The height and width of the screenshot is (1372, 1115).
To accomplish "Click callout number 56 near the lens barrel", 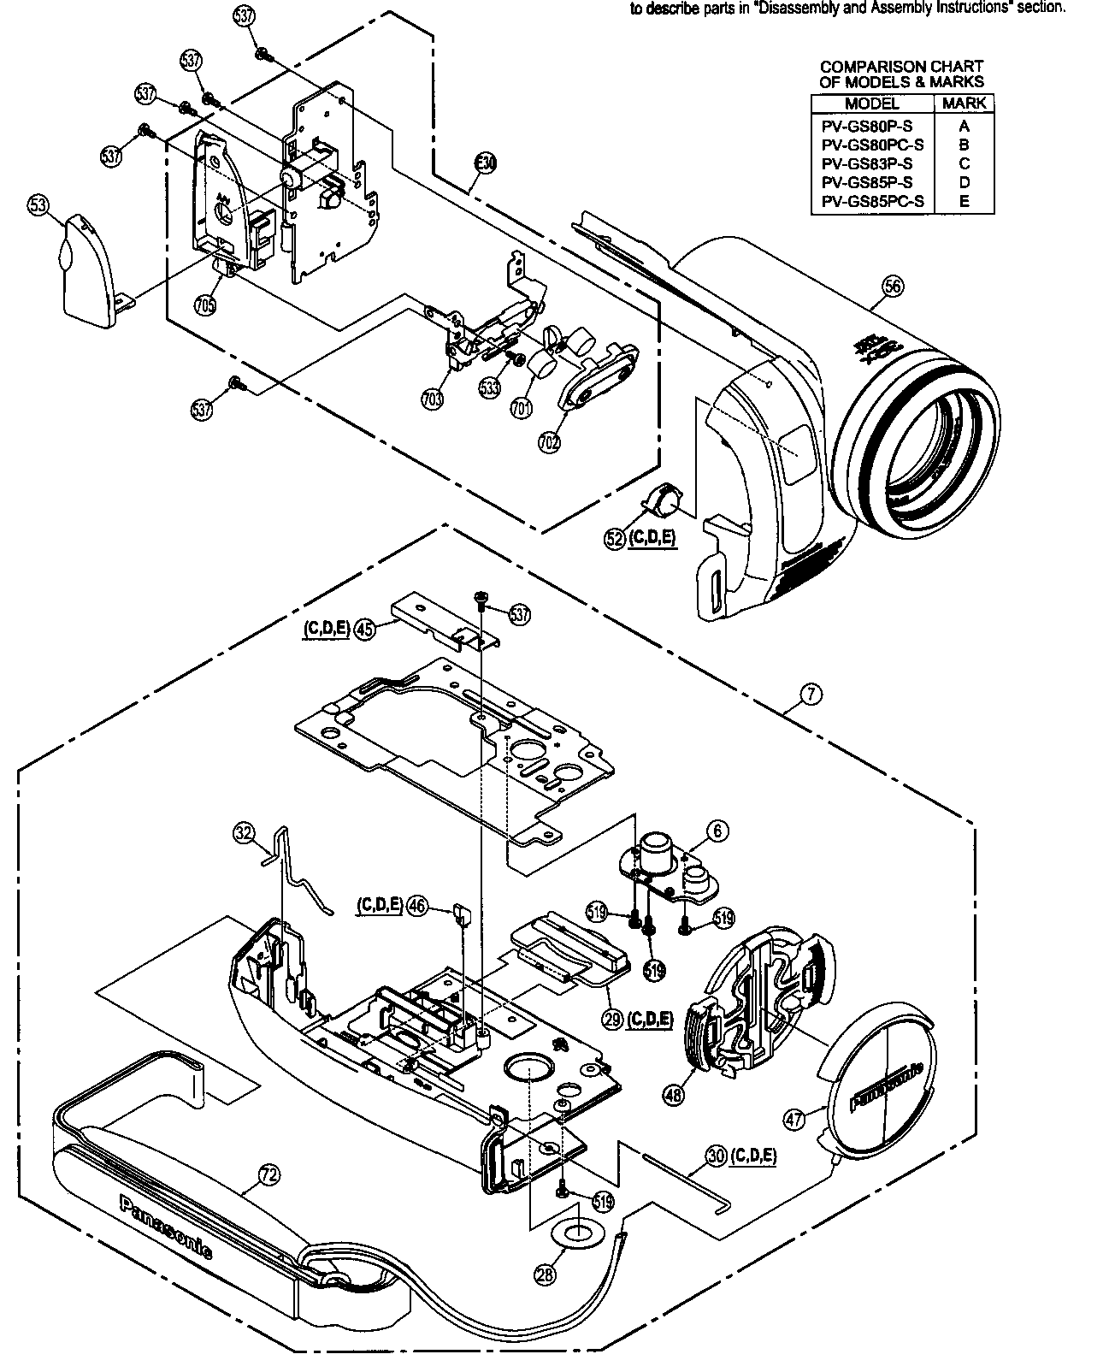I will coord(892,287).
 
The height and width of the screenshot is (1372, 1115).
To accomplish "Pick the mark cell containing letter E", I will coord(964,202).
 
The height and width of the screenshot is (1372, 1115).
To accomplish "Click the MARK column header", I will coord(964,103).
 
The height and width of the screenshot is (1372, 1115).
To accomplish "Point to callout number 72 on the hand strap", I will coord(268,1176).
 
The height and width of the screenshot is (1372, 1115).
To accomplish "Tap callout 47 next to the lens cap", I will coord(795,1119).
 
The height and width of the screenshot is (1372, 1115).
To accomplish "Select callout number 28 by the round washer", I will coord(545,1273).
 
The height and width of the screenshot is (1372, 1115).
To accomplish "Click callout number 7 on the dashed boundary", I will coord(811,694).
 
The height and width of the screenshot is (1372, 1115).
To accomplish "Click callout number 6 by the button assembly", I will coord(717,830).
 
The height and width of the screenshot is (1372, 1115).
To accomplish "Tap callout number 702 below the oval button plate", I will coord(548,441).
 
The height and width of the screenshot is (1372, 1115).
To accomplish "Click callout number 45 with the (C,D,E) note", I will coord(365,630).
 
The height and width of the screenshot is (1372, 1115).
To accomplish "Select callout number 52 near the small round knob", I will coord(614,539).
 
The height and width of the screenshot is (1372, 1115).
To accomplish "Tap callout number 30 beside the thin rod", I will coord(716,1155).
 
